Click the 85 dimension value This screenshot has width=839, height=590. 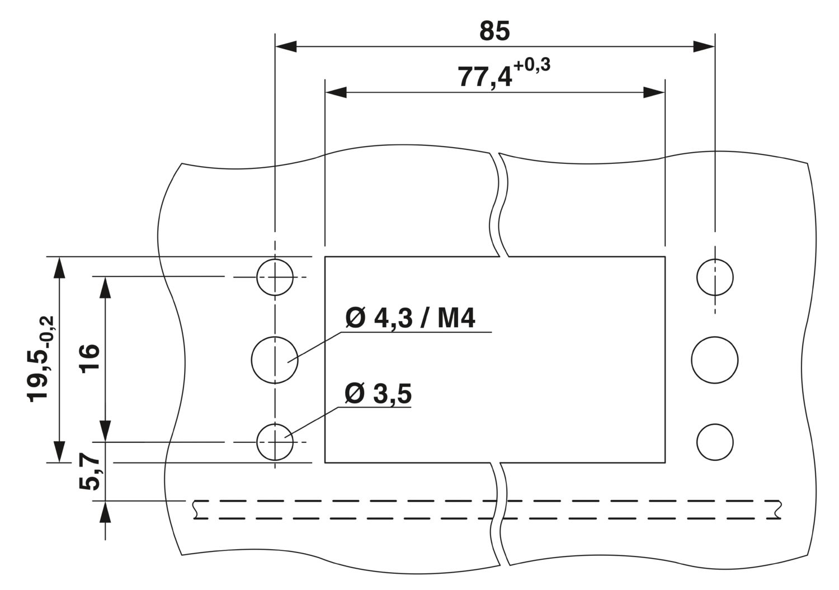[494, 31]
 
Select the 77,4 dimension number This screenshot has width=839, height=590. [485, 78]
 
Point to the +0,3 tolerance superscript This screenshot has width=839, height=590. [532, 65]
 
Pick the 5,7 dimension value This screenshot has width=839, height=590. [89, 474]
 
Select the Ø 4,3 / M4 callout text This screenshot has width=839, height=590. [410, 318]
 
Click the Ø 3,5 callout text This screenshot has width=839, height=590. [378, 394]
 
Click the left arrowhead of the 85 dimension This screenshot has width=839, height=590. [286, 46]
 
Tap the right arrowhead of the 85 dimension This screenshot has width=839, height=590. [704, 46]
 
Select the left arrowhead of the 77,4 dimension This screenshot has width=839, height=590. [336, 92]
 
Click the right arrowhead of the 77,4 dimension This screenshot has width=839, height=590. [654, 92]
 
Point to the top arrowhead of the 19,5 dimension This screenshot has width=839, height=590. [59, 268]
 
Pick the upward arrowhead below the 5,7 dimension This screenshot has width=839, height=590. [105, 512]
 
